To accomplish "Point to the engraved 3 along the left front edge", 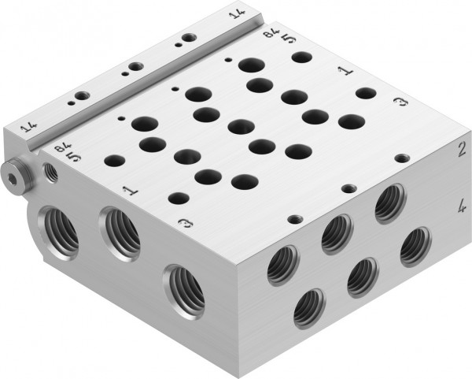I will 184,224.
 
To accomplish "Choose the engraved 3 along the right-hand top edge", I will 401,103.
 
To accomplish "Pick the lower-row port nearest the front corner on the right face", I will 308,308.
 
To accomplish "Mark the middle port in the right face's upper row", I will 336,232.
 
